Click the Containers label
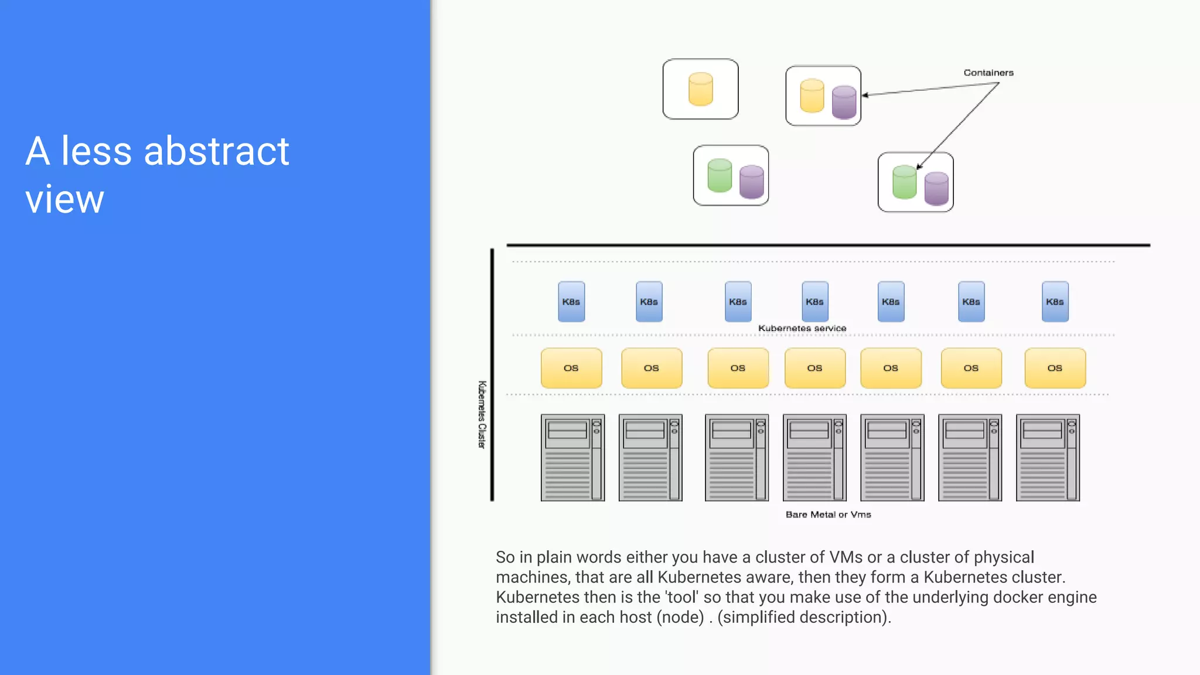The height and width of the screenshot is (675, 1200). pos(988,73)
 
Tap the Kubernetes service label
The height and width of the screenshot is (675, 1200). pos(802,328)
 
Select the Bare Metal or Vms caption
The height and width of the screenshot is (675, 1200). pos(828,514)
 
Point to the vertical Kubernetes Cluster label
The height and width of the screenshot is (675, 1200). pos(482,414)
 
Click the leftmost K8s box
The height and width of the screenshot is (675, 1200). pos(571,302)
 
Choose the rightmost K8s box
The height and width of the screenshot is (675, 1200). pos(1055,302)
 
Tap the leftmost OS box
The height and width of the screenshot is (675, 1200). pos(571,368)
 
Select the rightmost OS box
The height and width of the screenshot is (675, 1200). pos(1055,368)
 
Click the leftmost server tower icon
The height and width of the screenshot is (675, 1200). pos(572,458)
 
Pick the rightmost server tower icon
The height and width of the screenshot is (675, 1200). pos(1048,458)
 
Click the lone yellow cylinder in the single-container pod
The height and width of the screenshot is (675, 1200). pos(701,89)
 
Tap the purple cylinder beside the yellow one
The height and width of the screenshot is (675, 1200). pos(844,102)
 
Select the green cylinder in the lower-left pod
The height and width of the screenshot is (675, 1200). pos(720,175)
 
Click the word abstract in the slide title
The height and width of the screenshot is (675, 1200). pos(216,151)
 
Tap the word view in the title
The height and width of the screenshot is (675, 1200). pos(64,199)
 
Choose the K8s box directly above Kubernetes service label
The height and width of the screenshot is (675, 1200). pos(814,302)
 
